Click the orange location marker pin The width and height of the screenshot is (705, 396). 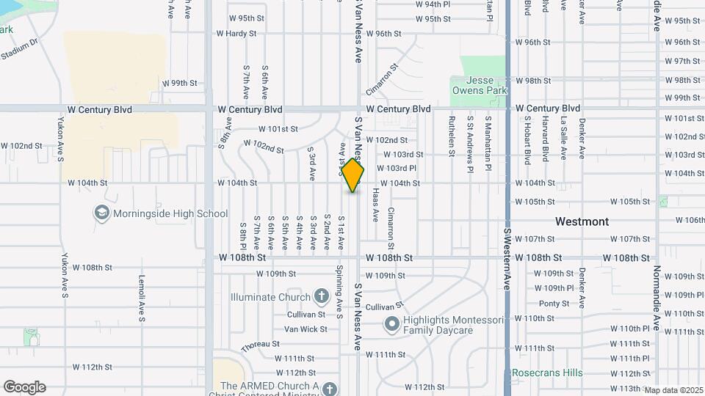[x=352, y=175]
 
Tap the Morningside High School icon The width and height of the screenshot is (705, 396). [x=102, y=213]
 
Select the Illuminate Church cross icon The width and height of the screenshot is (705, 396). [x=321, y=297]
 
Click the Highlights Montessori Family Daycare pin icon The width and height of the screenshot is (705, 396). [x=391, y=323]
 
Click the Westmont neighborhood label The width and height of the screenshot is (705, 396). [x=582, y=221]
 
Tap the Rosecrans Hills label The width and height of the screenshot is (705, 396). [x=547, y=373]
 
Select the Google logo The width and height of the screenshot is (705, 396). [x=24, y=387]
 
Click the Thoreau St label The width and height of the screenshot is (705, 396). [x=261, y=343]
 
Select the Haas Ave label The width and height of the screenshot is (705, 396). [x=375, y=205]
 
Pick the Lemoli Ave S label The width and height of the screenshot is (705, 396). [x=141, y=298]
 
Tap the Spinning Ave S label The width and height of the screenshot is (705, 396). [x=339, y=292]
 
